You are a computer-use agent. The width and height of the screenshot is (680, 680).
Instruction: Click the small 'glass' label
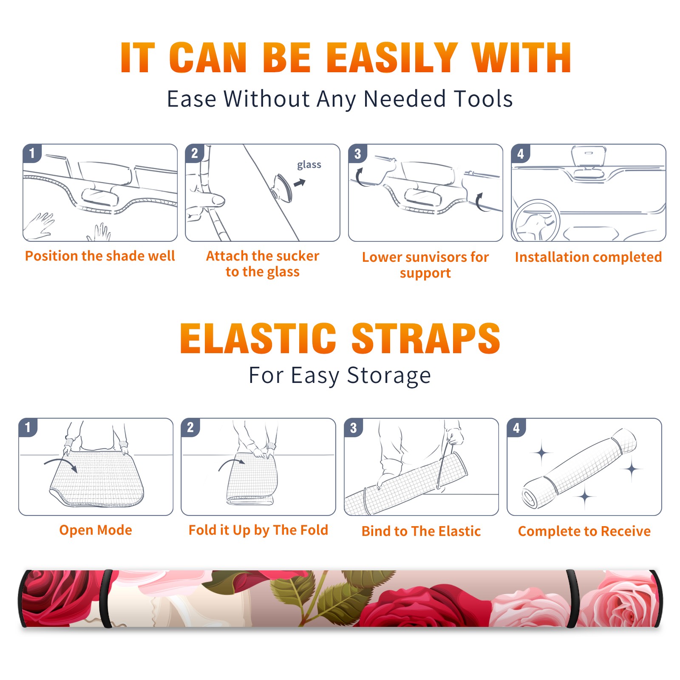309,165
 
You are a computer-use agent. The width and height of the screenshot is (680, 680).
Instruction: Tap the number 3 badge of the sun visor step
357,153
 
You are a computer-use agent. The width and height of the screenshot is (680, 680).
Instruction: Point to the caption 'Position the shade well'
100,256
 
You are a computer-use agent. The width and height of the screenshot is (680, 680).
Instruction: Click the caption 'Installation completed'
588,257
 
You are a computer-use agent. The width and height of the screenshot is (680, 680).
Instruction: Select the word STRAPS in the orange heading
426,338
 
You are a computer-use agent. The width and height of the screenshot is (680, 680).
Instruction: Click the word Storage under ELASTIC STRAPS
389,376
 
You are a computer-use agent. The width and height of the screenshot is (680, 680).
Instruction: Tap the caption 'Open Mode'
96,530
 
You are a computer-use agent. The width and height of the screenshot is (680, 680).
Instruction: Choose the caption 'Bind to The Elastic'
421,531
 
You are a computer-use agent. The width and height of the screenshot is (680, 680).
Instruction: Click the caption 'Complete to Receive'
584,531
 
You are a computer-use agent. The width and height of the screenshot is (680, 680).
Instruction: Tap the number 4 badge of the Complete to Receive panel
516,428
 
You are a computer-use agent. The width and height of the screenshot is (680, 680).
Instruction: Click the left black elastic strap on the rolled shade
106,598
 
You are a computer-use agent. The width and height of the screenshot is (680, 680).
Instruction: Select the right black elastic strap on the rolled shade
572,598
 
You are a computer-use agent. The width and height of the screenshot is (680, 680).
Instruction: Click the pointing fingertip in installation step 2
219,200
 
